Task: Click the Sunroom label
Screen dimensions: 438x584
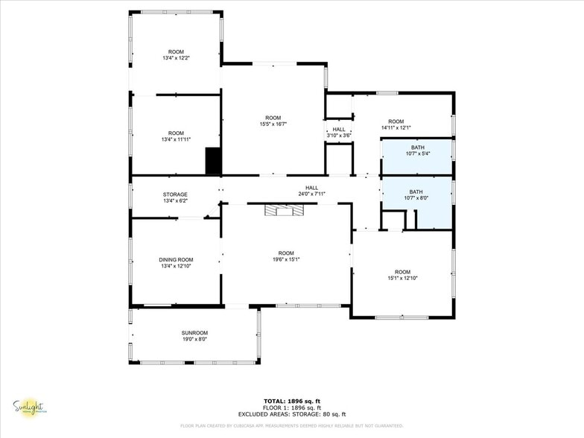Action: tap(194, 332)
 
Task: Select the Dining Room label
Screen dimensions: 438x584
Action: tap(176, 259)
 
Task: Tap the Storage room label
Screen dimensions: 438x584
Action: tap(176, 194)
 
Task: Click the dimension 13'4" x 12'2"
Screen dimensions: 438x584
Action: tap(176, 57)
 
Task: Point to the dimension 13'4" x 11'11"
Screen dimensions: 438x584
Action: tap(176, 139)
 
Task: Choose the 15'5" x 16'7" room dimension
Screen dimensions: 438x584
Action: tap(273, 124)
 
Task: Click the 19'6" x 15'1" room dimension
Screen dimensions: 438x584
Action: tap(286, 258)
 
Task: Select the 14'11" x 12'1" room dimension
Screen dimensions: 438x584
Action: tap(396, 127)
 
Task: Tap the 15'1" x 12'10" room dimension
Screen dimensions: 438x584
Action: tap(402, 278)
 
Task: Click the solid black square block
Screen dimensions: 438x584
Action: tap(213, 161)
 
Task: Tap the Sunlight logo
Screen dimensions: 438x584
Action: tap(28, 407)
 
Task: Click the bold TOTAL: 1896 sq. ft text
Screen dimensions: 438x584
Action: tap(291, 401)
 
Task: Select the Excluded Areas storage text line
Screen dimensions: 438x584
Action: tap(291, 414)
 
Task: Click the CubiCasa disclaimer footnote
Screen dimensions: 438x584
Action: tap(291, 426)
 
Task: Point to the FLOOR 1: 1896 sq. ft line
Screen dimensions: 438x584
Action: tap(291, 408)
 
